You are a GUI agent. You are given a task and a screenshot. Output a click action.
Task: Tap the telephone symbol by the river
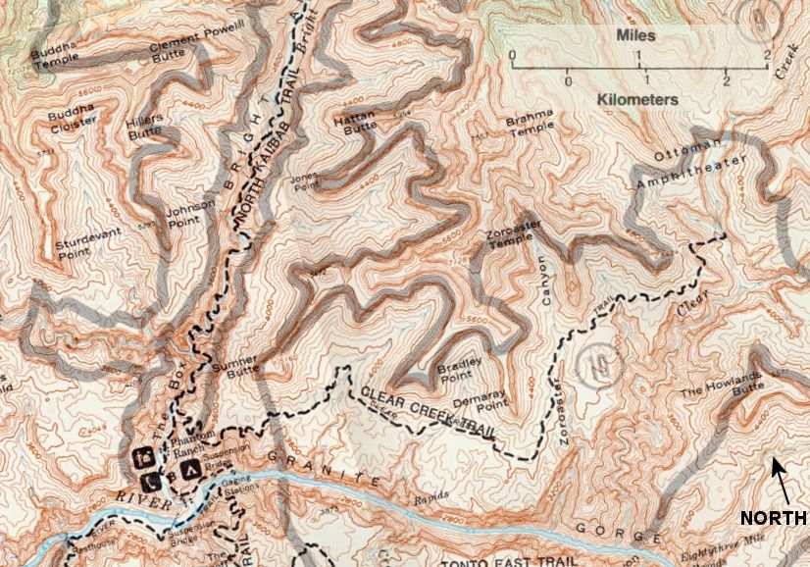[150, 482]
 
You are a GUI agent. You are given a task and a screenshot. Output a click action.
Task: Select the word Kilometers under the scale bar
[638, 100]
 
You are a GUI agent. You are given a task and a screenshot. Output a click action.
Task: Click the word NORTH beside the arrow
[773, 517]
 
